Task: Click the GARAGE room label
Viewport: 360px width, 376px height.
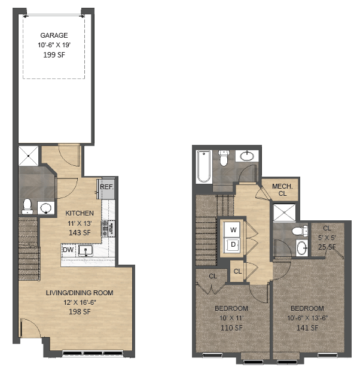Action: (x=54, y=35)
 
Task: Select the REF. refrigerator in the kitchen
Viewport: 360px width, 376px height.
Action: (x=107, y=187)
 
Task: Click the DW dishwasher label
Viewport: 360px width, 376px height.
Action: (x=68, y=250)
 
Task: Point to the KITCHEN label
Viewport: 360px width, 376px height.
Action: (x=79, y=213)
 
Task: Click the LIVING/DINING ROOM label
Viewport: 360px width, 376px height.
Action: (x=80, y=293)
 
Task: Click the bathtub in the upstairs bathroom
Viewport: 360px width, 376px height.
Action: (x=203, y=166)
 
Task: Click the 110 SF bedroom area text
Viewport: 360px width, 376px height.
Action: (x=231, y=328)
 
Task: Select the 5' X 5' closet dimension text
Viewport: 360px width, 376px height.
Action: (x=327, y=238)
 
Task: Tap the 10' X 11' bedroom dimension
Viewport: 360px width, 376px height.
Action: (x=231, y=318)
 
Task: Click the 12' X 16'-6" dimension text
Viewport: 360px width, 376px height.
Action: (x=80, y=302)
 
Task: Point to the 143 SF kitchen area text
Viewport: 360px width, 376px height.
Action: (x=79, y=232)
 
